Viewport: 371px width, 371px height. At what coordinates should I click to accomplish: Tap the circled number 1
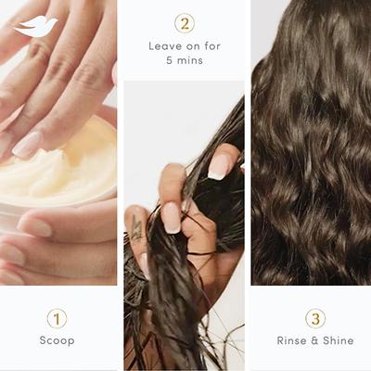pyautogui.click(x=57, y=318)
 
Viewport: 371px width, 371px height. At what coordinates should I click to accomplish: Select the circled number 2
pyautogui.click(x=185, y=24)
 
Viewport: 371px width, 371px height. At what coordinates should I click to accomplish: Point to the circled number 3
pyautogui.click(x=315, y=318)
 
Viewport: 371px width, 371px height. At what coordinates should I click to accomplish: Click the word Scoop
pyautogui.click(x=57, y=340)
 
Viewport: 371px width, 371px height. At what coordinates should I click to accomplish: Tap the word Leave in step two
pyautogui.click(x=166, y=45)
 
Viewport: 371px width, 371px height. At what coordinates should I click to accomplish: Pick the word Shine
pyautogui.click(x=338, y=340)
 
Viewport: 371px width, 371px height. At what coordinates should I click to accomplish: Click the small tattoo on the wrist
pyautogui.click(x=136, y=228)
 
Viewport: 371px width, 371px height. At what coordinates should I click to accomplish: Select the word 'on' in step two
pyautogui.click(x=193, y=45)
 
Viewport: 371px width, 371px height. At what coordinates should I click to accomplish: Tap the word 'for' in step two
pyautogui.click(x=213, y=45)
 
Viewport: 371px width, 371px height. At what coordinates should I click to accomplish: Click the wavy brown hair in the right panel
pyautogui.click(x=311, y=158)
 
